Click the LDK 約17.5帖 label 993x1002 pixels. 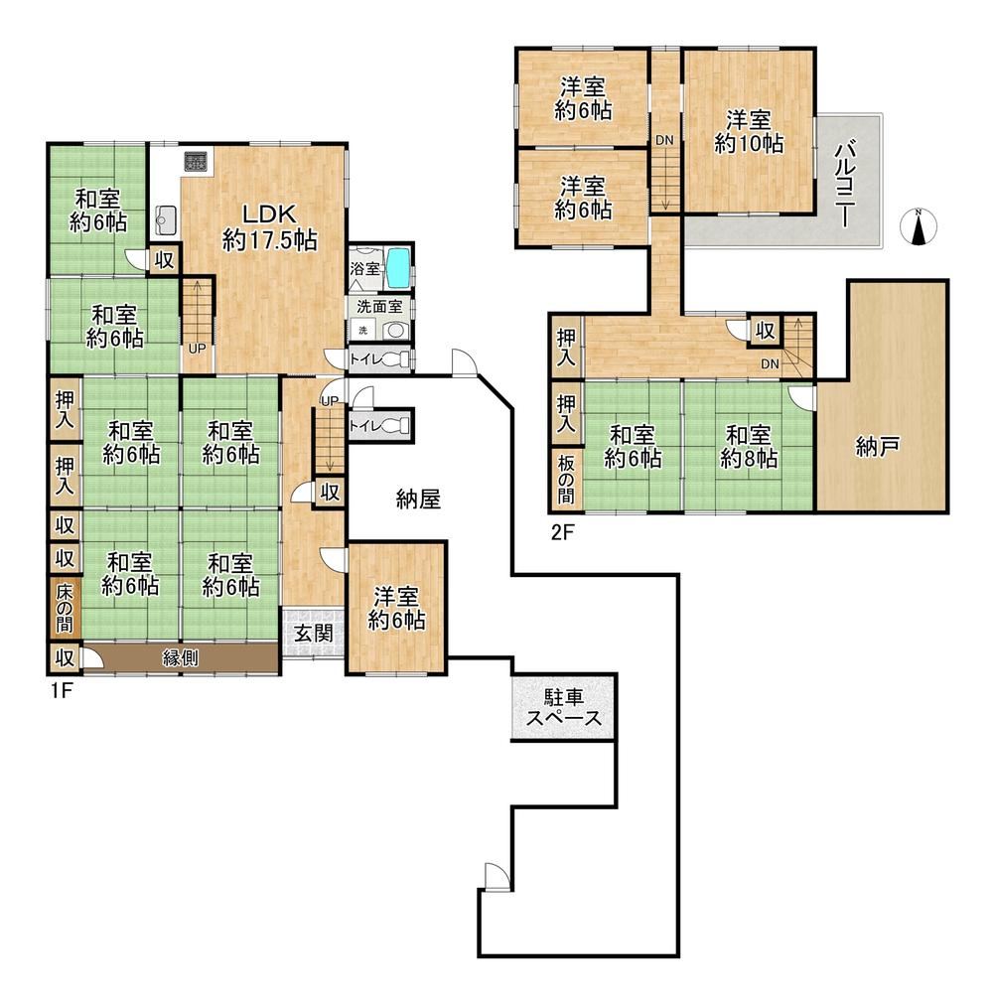click(x=270, y=226)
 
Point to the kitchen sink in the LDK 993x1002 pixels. click(x=166, y=220)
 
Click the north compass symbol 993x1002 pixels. click(x=919, y=226)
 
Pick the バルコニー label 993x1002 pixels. click(x=846, y=182)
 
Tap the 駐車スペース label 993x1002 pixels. click(x=564, y=707)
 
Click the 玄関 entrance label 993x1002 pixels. click(x=313, y=634)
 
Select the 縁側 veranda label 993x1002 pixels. click(x=180, y=657)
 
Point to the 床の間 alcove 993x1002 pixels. click(x=65, y=607)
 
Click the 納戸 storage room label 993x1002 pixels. click(x=878, y=446)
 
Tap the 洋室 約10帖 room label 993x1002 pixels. click(x=749, y=132)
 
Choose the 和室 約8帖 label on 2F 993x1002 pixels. click(x=749, y=447)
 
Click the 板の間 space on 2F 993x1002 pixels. click(x=566, y=480)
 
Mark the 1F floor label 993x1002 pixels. click(x=62, y=691)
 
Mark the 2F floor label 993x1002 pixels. click(x=563, y=531)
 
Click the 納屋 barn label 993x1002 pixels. click(x=418, y=499)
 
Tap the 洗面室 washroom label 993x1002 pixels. click(x=379, y=306)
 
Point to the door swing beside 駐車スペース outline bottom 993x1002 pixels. click(x=497, y=876)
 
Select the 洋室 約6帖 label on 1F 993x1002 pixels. click(x=396, y=609)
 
